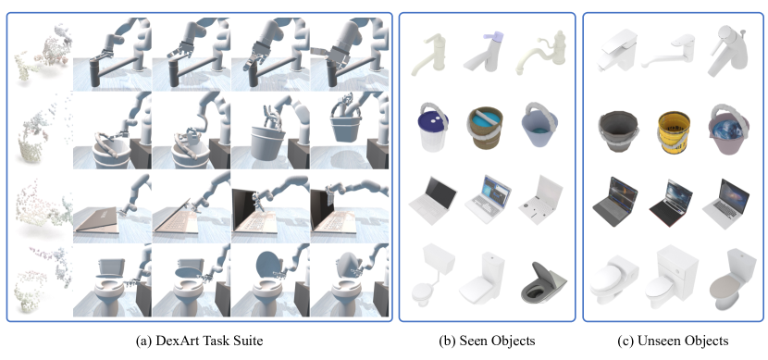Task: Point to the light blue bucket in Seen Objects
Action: point(540,125)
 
